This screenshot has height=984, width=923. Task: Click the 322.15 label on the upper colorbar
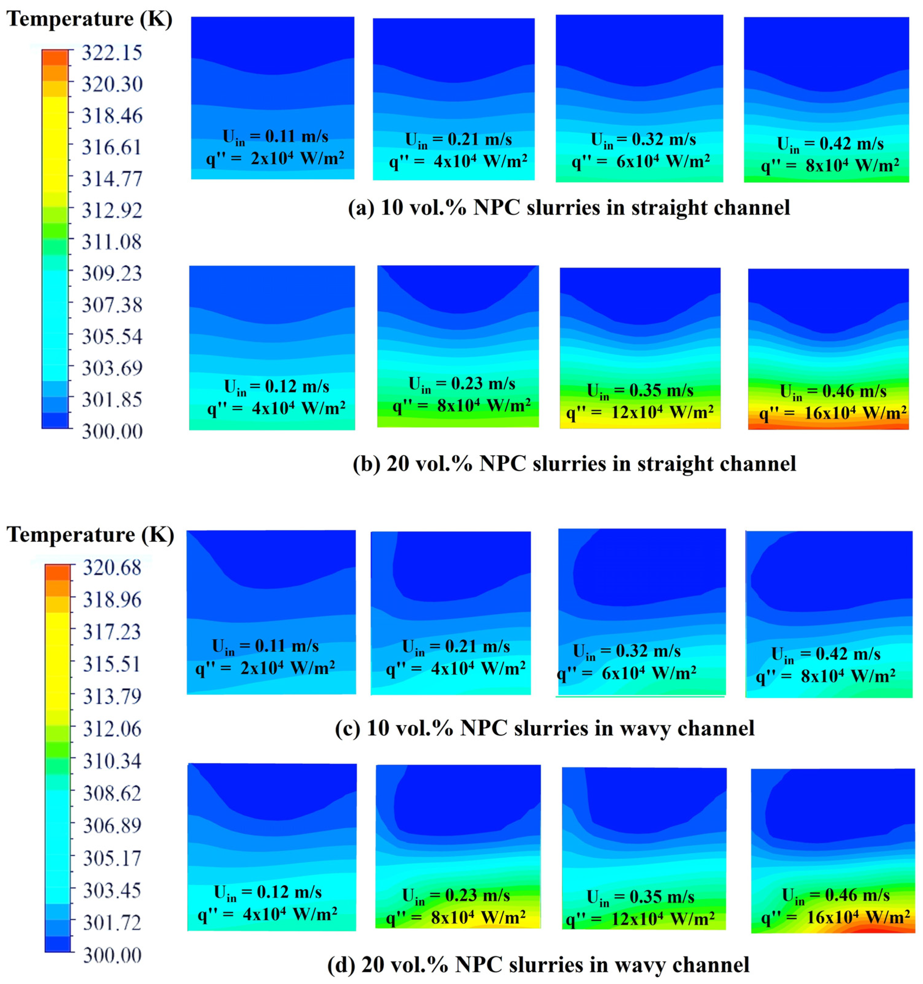(112, 53)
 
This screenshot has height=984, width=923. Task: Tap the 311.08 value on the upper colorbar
(112, 242)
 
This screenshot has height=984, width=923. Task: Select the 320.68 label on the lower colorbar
(112, 567)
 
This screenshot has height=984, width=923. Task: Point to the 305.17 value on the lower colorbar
(112, 858)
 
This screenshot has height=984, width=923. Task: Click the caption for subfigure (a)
(569, 207)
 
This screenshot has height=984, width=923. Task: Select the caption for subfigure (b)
(574, 464)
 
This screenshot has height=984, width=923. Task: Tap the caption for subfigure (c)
(545, 728)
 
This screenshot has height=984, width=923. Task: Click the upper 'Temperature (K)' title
(89, 19)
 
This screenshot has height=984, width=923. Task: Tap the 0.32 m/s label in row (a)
(643, 140)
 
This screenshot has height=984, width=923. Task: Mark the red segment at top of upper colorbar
(55, 57)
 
